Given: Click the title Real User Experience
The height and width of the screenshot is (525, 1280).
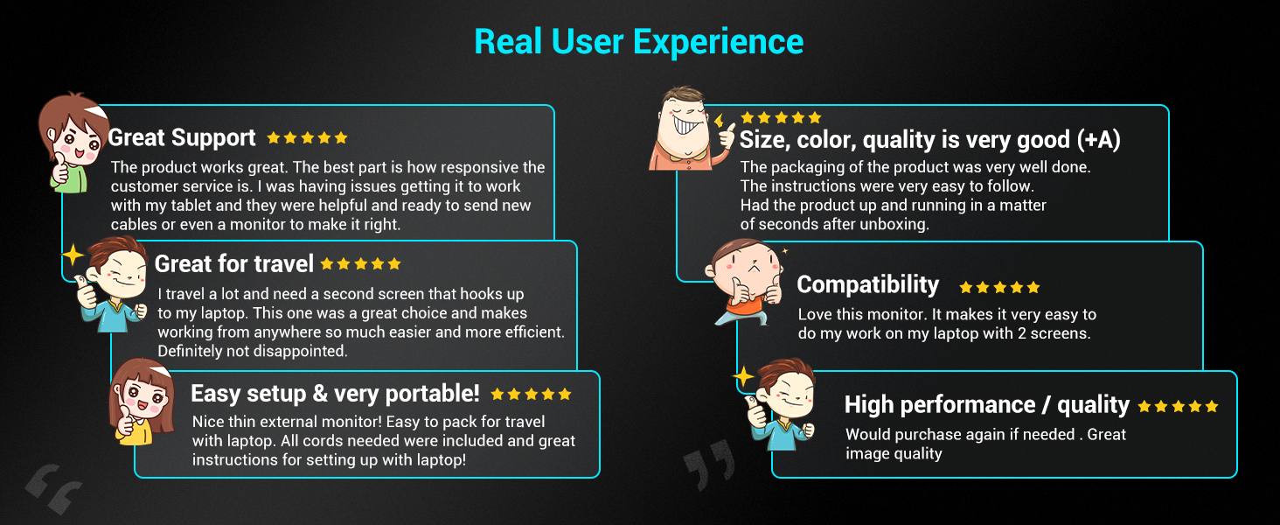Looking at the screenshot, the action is pos(639,42).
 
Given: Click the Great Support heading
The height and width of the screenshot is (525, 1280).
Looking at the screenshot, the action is pos(182,138).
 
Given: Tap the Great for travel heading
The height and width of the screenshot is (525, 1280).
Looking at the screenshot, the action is pos(234,263).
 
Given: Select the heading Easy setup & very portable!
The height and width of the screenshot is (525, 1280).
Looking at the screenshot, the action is pos(335,394).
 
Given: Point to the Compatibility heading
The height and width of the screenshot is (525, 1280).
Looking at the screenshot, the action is pos(868,284).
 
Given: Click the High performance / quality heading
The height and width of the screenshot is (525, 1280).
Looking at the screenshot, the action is pos(987,405).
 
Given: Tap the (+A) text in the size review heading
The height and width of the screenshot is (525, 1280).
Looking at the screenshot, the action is pos(1098,139).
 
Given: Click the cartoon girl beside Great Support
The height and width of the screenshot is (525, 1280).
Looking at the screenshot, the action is pos(73,143).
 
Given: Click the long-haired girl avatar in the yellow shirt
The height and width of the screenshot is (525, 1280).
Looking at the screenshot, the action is pos(142,402).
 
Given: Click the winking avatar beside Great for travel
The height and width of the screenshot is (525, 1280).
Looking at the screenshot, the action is pos(114,284).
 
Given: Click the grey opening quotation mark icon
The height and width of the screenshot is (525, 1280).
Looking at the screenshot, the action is pos(53,488).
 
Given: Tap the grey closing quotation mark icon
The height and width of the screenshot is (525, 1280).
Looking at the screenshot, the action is pos(708,464).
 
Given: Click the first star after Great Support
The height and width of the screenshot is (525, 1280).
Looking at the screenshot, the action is pos(274,138).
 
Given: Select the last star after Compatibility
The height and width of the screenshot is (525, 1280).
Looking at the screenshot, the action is pos(1033,287).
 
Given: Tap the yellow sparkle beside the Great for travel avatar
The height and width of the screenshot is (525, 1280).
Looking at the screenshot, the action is pos(73,255).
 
